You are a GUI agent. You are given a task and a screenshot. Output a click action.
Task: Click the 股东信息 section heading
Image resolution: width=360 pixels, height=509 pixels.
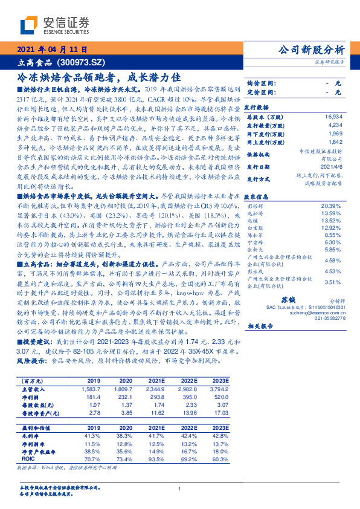pyautogui.click(x=256, y=196)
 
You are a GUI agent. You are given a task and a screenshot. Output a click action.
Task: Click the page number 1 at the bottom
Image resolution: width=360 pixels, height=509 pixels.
pyautogui.click(x=180, y=488)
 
